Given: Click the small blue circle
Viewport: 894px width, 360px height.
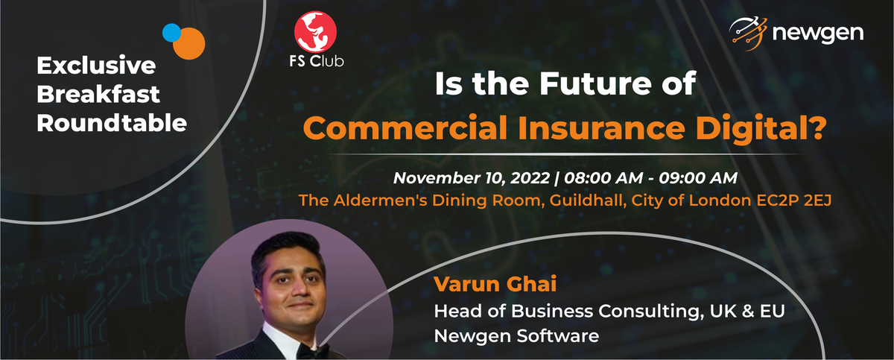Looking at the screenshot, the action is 171,33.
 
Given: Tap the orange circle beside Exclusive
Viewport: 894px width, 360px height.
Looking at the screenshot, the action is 189,43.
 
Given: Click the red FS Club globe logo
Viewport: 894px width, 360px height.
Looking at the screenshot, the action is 315,32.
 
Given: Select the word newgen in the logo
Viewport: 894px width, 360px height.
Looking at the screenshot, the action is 818,34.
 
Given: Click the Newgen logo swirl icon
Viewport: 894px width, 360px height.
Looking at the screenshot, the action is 748,33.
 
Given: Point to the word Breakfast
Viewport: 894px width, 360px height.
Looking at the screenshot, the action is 98,94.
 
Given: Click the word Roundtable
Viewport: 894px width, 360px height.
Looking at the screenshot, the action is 112,123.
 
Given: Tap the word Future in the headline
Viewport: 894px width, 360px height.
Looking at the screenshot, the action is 595,83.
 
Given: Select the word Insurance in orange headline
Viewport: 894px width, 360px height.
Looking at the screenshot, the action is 601,127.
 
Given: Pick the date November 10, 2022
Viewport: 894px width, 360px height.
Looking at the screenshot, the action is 472,178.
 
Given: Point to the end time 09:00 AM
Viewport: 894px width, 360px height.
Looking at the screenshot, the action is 698,178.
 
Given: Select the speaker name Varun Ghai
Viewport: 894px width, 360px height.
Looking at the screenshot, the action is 495,284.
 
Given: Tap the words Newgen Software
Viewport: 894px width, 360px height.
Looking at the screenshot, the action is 516,336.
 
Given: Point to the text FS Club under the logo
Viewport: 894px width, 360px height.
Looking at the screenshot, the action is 317,61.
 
